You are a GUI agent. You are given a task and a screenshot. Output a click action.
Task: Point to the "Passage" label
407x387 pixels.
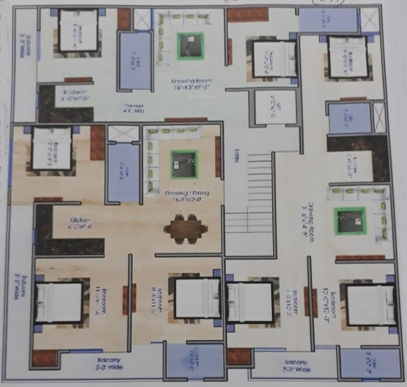pyautogui.click(x=134, y=106)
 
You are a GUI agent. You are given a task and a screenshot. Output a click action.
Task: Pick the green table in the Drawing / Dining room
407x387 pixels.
pyautogui.click(x=184, y=165)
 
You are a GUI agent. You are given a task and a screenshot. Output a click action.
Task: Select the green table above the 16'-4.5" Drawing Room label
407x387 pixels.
pyautogui.click(x=191, y=45)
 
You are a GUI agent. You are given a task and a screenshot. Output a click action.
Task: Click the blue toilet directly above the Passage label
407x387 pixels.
pyautogui.click(x=135, y=61)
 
